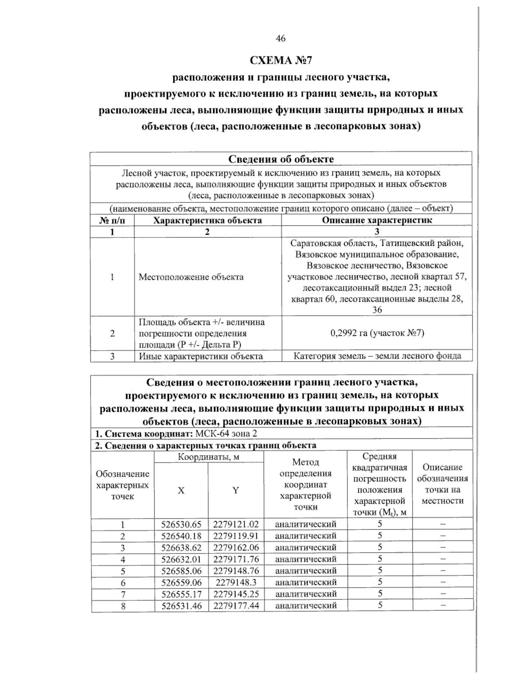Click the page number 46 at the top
tap(280, 38)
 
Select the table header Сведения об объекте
tap(281, 159)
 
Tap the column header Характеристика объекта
tap(207, 220)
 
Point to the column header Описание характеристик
tap(377, 220)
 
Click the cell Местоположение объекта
tap(191, 277)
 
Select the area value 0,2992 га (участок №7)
tap(377, 333)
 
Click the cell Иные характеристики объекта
tap(200, 356)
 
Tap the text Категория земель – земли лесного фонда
tap(377, 356)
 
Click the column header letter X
tap(181, 491)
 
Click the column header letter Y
tap(235, 491)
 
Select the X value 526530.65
tap(181, 524)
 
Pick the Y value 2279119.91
tap(236, 536)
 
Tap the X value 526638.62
tap(181, 547)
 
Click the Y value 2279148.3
tap(236, 582)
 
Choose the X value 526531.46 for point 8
tap(181, 606)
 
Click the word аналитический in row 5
tap(305, 571)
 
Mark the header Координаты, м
tap(209, 457)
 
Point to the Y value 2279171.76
tap(236, 559)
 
